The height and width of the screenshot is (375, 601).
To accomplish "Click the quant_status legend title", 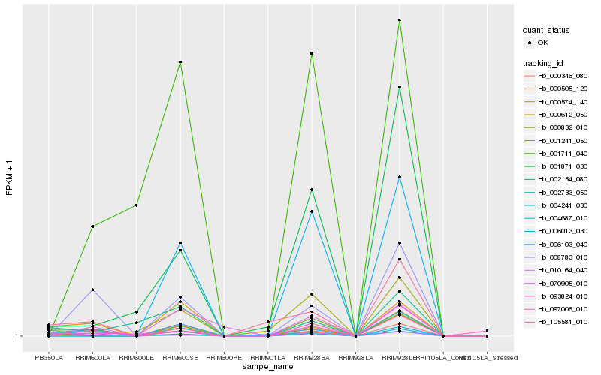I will tap(546, 30).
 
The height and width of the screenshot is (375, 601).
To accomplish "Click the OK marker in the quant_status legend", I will tap(531, 43).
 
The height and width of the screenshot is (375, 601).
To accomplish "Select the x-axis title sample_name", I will tap(268, 367).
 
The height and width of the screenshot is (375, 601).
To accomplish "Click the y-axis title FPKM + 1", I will tap(9, 178).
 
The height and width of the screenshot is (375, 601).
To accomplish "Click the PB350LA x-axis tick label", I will tap(49, 358).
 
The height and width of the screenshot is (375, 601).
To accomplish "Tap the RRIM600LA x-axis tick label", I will tap(92, 358).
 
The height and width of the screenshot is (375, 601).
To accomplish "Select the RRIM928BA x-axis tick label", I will tap(311, 358).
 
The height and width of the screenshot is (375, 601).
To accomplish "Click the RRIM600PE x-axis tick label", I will tap(224, 358).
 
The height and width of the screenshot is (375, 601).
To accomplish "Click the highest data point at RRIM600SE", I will tap(180, 61).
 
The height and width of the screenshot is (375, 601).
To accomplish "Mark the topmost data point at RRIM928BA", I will tap(311, 54).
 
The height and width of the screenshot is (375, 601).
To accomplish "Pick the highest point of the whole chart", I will tap(399, 20).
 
